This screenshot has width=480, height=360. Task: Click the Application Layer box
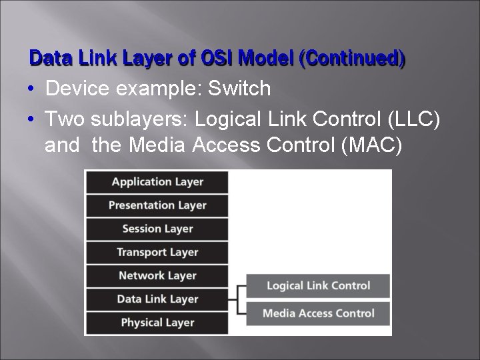coord(157,182)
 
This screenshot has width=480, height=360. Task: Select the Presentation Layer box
coord(157,205)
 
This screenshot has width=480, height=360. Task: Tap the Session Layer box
coord(157,229)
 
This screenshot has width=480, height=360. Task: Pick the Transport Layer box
coord(157,252)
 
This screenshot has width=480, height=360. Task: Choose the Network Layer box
coord(157,275)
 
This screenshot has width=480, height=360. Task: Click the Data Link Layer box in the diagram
coord(157,299)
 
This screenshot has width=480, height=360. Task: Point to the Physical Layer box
coord(157,323)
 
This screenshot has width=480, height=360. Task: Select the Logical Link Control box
coord(318,285)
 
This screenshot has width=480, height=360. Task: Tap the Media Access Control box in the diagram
coord(318,313)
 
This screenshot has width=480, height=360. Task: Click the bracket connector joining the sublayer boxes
coord(237,299)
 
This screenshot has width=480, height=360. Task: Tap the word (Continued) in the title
coord(353,59)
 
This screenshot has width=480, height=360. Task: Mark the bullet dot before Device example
coord(33,89)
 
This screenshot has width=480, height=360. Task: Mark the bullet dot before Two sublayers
coord(33,119)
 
